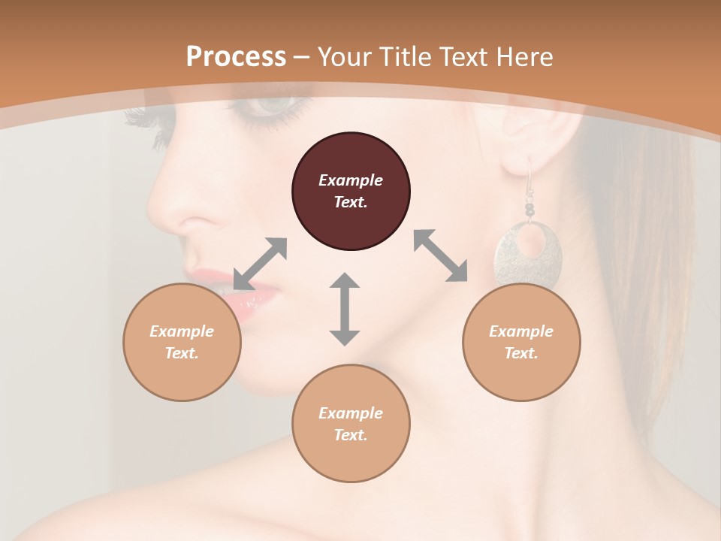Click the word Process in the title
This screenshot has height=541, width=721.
tap(236, 57)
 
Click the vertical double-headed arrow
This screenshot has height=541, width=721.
tap(345, 309)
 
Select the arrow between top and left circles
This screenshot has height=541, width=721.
tap(260, 264)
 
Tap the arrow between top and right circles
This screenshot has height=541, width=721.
tap(441, 255)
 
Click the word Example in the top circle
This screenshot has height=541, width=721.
tap(351, 180)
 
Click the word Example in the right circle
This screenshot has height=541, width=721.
tap(521, 331)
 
